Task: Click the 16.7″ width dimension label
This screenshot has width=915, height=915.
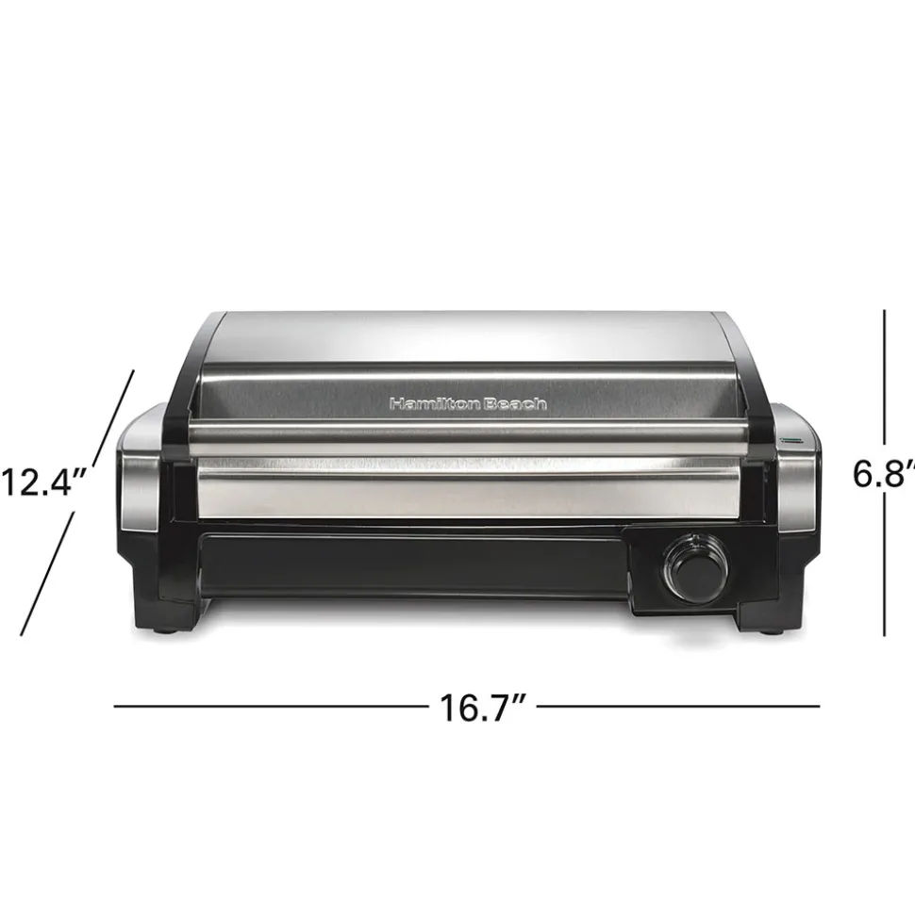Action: (483, 707)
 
